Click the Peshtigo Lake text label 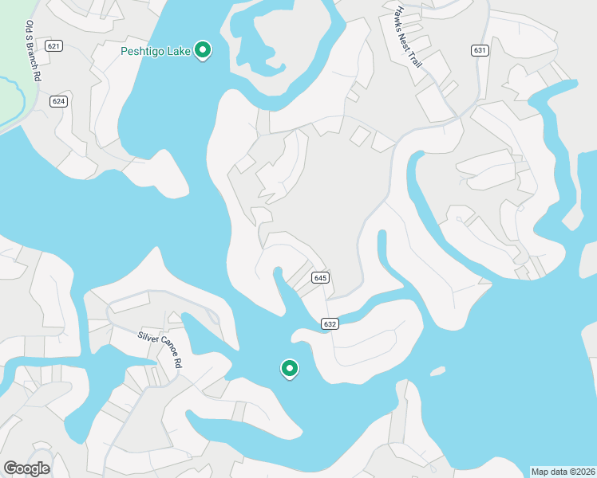156,52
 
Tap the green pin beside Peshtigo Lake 203,51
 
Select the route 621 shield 53,45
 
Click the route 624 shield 58,101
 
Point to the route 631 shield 479,50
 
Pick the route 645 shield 320,278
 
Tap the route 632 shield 330,323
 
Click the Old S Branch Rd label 33,53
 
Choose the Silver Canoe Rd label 160,349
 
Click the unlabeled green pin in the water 290,368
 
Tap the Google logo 26,468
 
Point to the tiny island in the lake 437,371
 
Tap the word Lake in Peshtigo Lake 180,52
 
